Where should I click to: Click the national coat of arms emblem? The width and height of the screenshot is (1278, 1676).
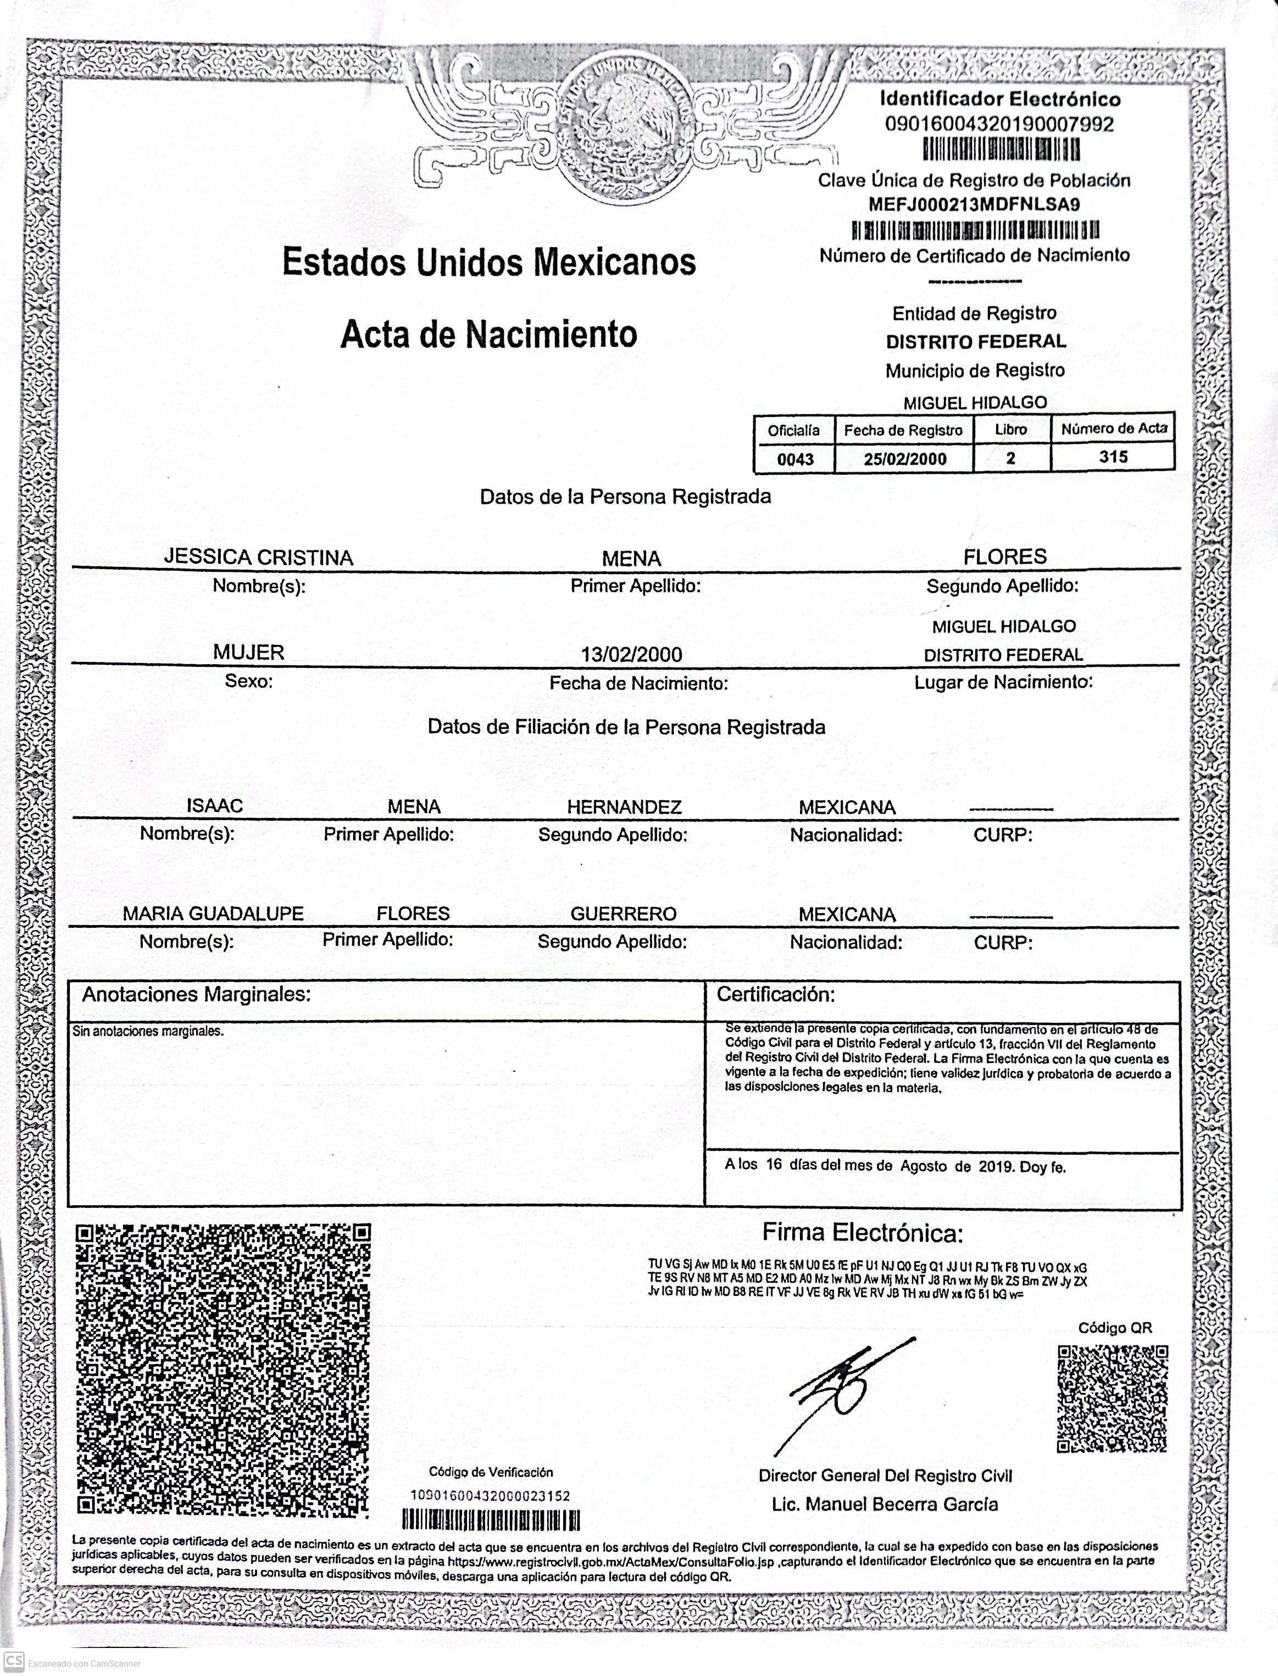(x=625, y=125)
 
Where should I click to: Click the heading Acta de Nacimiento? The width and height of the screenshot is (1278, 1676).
(x=488, y=335)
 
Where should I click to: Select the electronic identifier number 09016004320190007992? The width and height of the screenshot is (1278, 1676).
(x=999, y=124)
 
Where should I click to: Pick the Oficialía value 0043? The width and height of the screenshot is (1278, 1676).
(x=795, y=459)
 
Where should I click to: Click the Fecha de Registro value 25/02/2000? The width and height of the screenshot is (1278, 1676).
(x=904, y=459)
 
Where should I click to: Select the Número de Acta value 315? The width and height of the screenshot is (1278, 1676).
(x=1113, y=457)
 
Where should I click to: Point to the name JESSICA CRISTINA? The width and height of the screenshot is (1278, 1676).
(x=259, y=558)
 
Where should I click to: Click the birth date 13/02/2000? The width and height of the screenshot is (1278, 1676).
(x=631, y=654)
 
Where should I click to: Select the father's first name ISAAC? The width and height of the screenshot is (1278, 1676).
(x=214, y=805)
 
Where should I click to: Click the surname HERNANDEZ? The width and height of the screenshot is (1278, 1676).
(x=624, y=807)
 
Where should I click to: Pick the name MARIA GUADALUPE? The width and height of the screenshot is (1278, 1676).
(x=213, y=914)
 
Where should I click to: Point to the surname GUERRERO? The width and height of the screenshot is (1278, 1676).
(x=623, y=914)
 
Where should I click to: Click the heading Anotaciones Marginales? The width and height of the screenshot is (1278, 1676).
(x=196, y=995)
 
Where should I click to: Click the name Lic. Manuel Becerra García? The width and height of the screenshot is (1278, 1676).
(x=885, y=1504)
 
